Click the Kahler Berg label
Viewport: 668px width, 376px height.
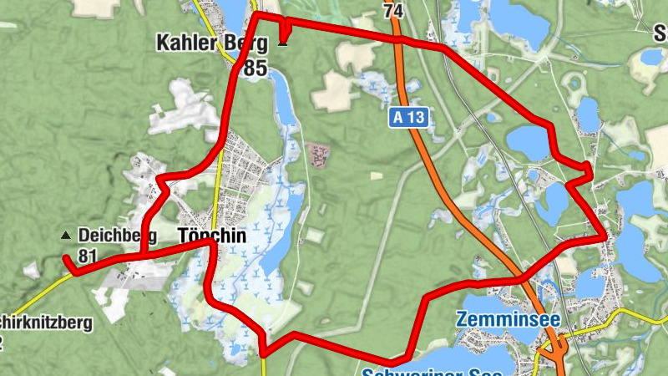pos(212,43)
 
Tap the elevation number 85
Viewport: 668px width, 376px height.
pos(256,69)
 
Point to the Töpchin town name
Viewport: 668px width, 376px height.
pos(212,236)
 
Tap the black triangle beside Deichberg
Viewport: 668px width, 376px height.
pos(66,236)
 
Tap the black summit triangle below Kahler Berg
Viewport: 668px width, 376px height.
pos(282,43)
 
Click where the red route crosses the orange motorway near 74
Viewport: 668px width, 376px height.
pos(398,38)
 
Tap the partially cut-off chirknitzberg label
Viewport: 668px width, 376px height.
pos(46,321)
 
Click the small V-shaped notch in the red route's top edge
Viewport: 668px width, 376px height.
pos(285,30)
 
